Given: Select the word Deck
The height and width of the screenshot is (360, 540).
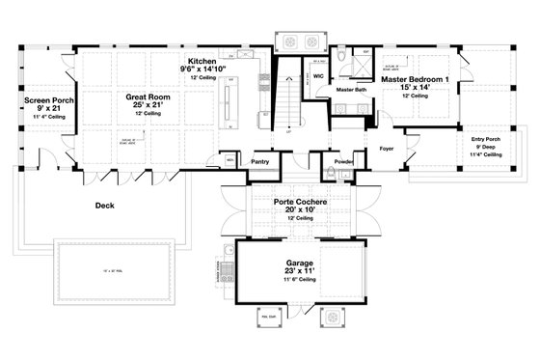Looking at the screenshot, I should click(x=105, y=206).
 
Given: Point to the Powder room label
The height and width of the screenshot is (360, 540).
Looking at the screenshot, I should click(x=342, y=161).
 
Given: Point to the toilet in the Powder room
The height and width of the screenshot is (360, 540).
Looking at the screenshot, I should click(x=330, y=174).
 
